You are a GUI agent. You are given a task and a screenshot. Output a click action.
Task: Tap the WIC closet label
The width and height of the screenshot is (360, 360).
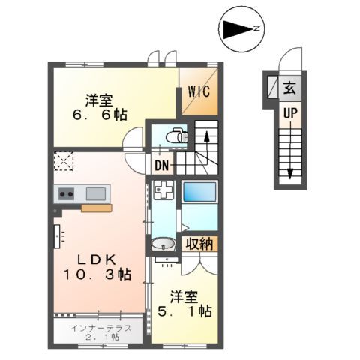pyautogui.click(x=198, y=92)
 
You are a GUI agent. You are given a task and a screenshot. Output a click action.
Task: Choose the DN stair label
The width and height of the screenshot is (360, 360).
pyautogui.click(x=162, y=166)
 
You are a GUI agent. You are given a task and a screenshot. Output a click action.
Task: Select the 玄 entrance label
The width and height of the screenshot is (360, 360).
pyautogui.click(x=289, y=88)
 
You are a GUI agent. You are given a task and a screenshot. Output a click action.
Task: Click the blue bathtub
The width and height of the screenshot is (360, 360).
pyautogui.click(x=199, y=191)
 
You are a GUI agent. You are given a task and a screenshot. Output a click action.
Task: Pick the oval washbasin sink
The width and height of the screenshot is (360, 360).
pyautogui.click(x=163, y=245)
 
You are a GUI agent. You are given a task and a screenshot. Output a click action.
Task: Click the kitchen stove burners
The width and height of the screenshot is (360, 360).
pyautogui.click(x=65, y=194)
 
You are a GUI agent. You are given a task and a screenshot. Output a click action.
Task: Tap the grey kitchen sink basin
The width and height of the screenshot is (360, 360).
pyautogui.click(x=95, y=193)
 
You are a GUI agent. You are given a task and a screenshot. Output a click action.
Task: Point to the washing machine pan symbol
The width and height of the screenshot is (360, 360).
pyautogui.click(x=163, y=192)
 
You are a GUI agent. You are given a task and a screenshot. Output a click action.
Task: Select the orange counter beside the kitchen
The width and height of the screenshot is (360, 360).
pyautogui.click(x=97, y=208)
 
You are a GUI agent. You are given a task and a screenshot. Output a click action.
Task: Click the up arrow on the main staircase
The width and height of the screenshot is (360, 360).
pyautogui.click(x=208, y=138)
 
